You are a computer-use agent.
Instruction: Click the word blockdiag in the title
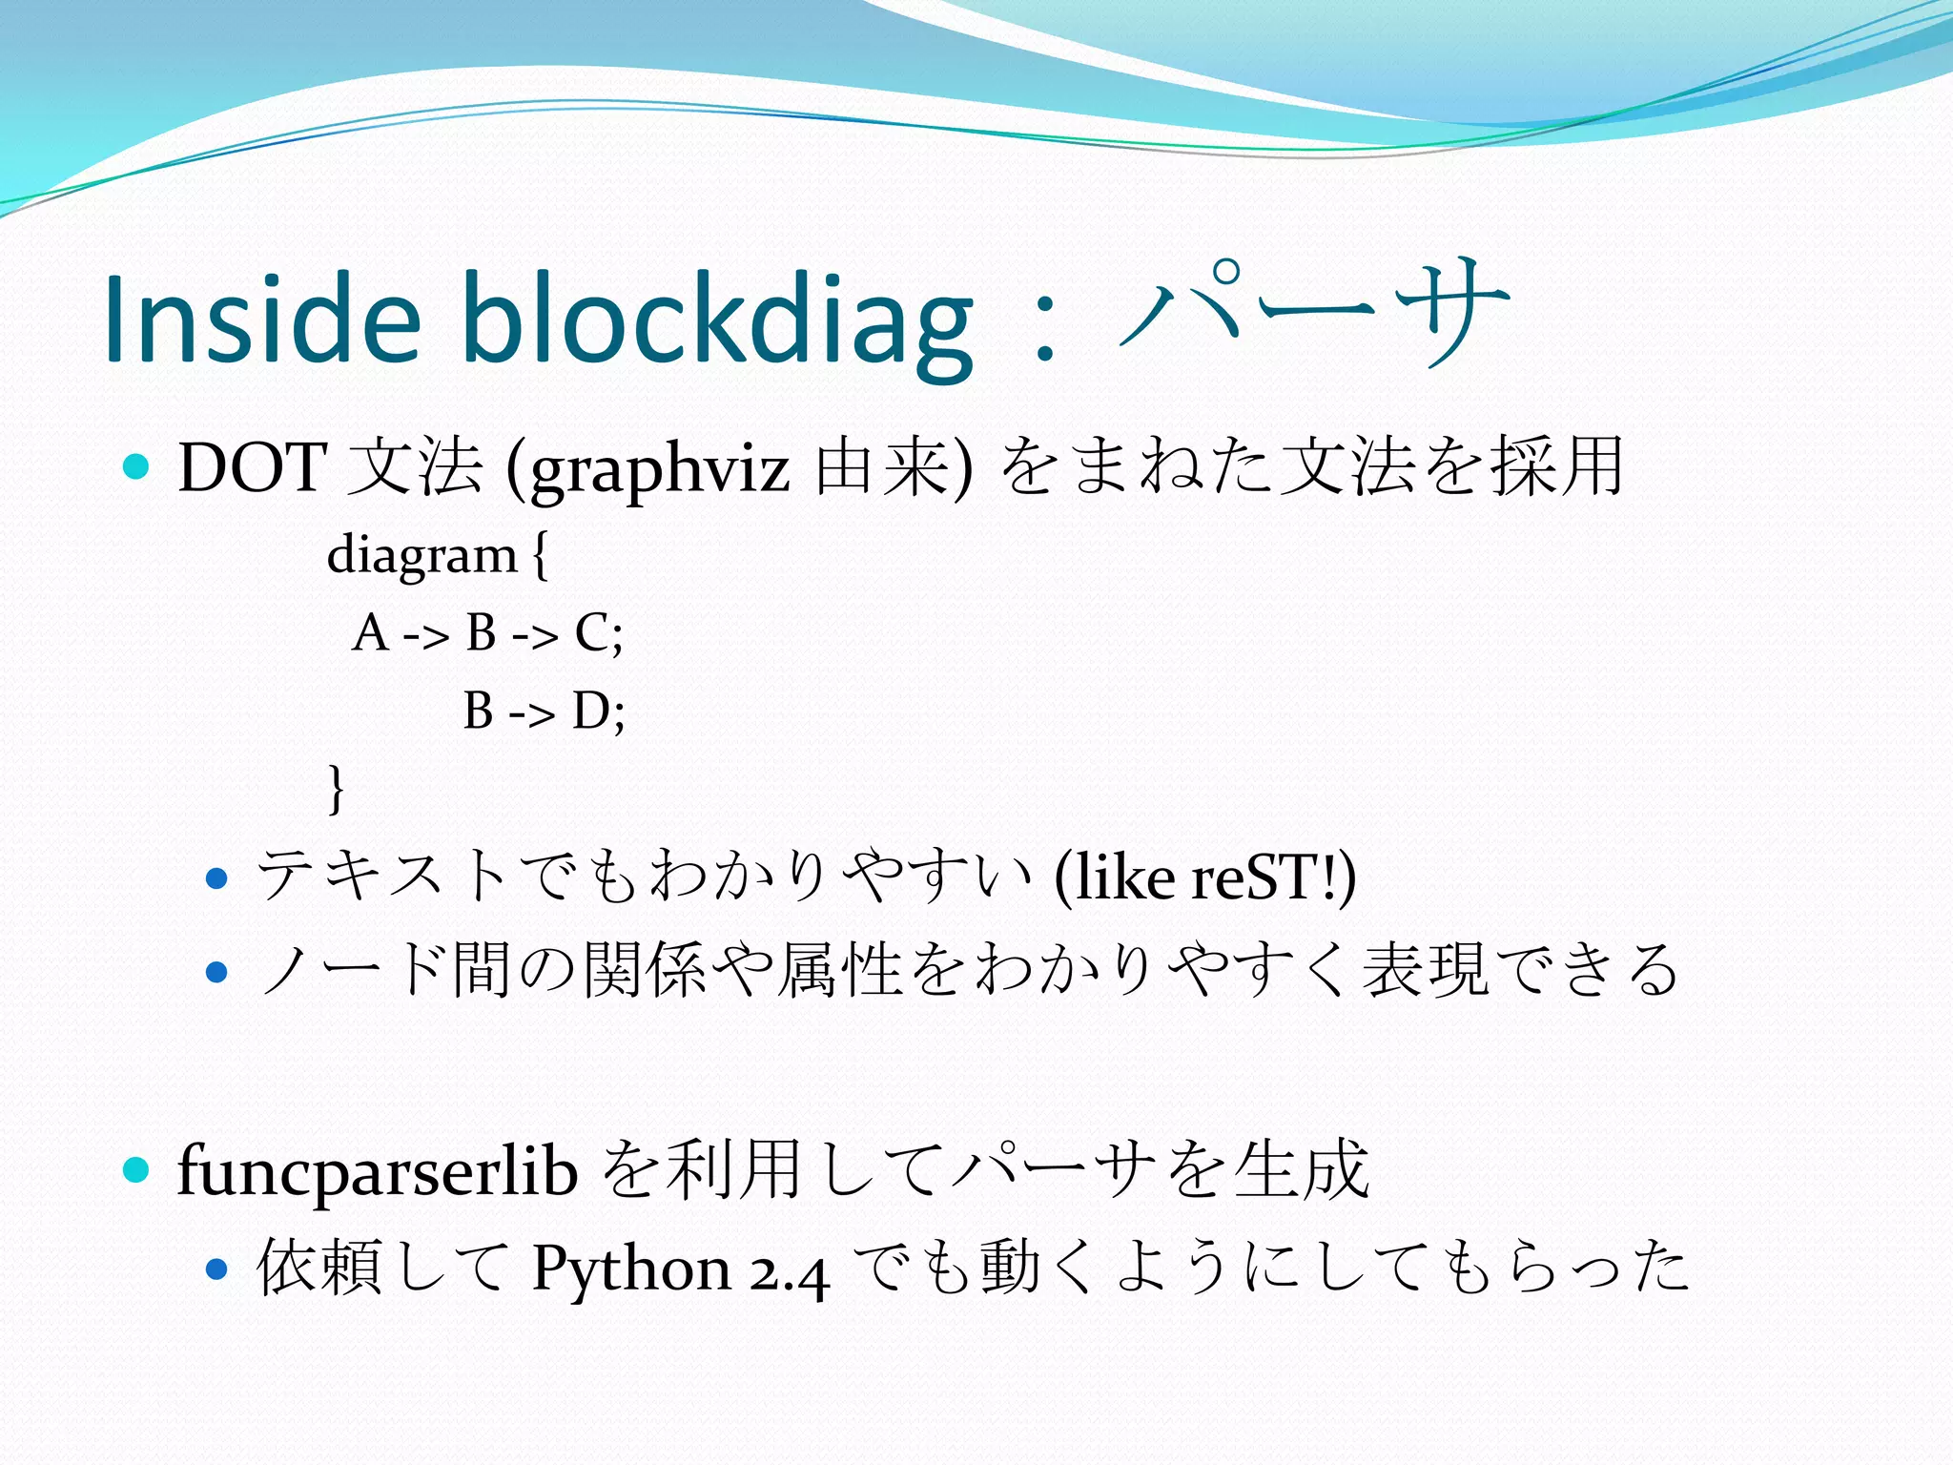717,319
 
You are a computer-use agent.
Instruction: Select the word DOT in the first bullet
253,467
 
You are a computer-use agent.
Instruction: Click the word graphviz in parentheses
660,469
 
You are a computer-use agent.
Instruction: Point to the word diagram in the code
421,555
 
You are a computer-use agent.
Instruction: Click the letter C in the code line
592,632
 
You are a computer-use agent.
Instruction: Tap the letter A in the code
370,632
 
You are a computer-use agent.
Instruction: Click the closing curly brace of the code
335,788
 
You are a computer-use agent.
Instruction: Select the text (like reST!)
1205,877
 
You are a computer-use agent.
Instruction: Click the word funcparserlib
378,1171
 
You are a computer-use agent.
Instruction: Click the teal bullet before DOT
137,466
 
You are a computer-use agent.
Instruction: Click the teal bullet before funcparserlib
137,1169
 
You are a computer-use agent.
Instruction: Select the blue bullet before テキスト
217,877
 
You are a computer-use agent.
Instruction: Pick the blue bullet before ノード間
217,972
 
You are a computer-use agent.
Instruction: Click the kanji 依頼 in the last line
319,1268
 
